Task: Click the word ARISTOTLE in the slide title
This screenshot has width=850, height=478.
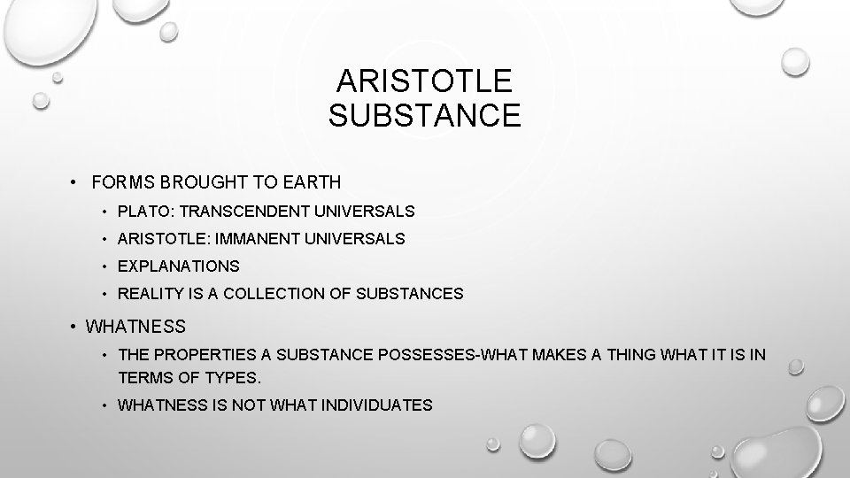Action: coord(424,82)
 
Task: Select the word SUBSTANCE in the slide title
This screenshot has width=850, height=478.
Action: coord(424,116)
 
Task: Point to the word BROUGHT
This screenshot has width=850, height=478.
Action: coord(199,183)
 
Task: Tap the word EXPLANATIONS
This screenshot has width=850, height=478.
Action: coord(179,266)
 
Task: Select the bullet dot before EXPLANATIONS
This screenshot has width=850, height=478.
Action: coord(104,266)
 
